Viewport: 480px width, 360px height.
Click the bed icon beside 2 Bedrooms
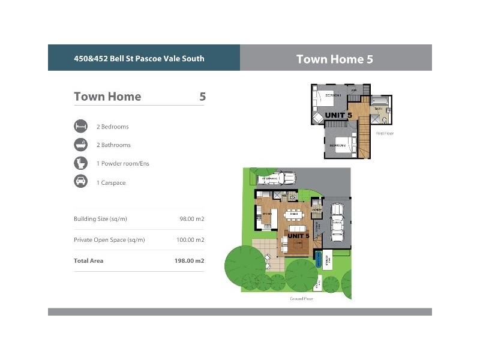tap(80, 127)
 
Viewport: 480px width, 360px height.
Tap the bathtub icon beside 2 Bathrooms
tap(80, 145)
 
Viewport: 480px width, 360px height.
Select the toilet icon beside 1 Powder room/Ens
tap(80, 163)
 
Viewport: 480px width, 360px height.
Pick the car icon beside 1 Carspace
tap(80, 182)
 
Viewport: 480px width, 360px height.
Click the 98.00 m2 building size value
tap(192, 219)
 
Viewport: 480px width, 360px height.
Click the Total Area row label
tap(88, 261)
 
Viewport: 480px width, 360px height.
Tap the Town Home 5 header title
tap(335, 59)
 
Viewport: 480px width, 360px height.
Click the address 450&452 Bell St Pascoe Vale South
tap(139, 59)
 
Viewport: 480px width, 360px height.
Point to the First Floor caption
tap(385, 133)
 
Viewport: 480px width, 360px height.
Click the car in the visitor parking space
tap(277, 178)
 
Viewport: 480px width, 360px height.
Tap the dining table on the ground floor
tap(293, 214)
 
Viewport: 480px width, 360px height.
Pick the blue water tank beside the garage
tap(318, 260)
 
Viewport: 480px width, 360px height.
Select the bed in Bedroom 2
tap(343, 145)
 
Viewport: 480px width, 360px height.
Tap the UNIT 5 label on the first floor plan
tap(338, 115)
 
